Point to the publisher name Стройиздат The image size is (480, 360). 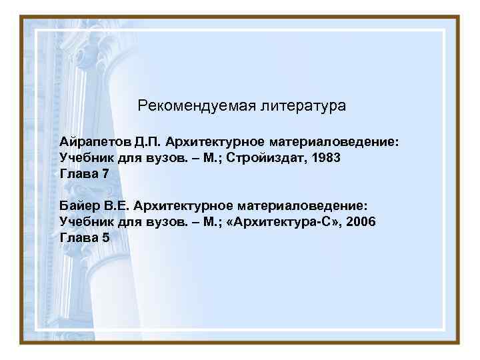(259, 158)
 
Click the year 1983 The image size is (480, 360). (325, 158)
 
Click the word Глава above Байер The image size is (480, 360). (78, 174)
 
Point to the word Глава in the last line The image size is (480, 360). (78, 237)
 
